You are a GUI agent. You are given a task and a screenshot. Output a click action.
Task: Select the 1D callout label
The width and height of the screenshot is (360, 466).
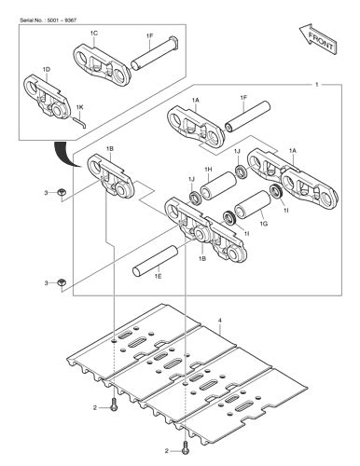tap(47, 70)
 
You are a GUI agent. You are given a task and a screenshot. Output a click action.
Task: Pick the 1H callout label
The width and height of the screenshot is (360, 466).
tap(208, 168)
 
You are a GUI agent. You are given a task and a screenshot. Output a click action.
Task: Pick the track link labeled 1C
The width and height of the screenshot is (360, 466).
tap(106, 62)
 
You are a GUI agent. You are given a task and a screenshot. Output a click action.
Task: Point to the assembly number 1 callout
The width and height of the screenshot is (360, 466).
tap(319, 84)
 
